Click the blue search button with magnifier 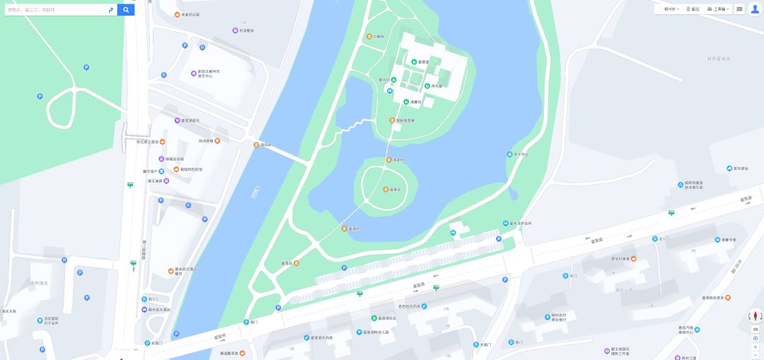[x=126, y=10]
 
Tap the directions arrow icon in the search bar [x=110, y=10]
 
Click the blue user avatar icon [x=755, y=9]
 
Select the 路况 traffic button [x=693, y=9]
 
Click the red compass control [x=755, y=315]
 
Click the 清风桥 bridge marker [x=262, y=145]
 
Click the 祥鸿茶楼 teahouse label [x=207, y=141]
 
